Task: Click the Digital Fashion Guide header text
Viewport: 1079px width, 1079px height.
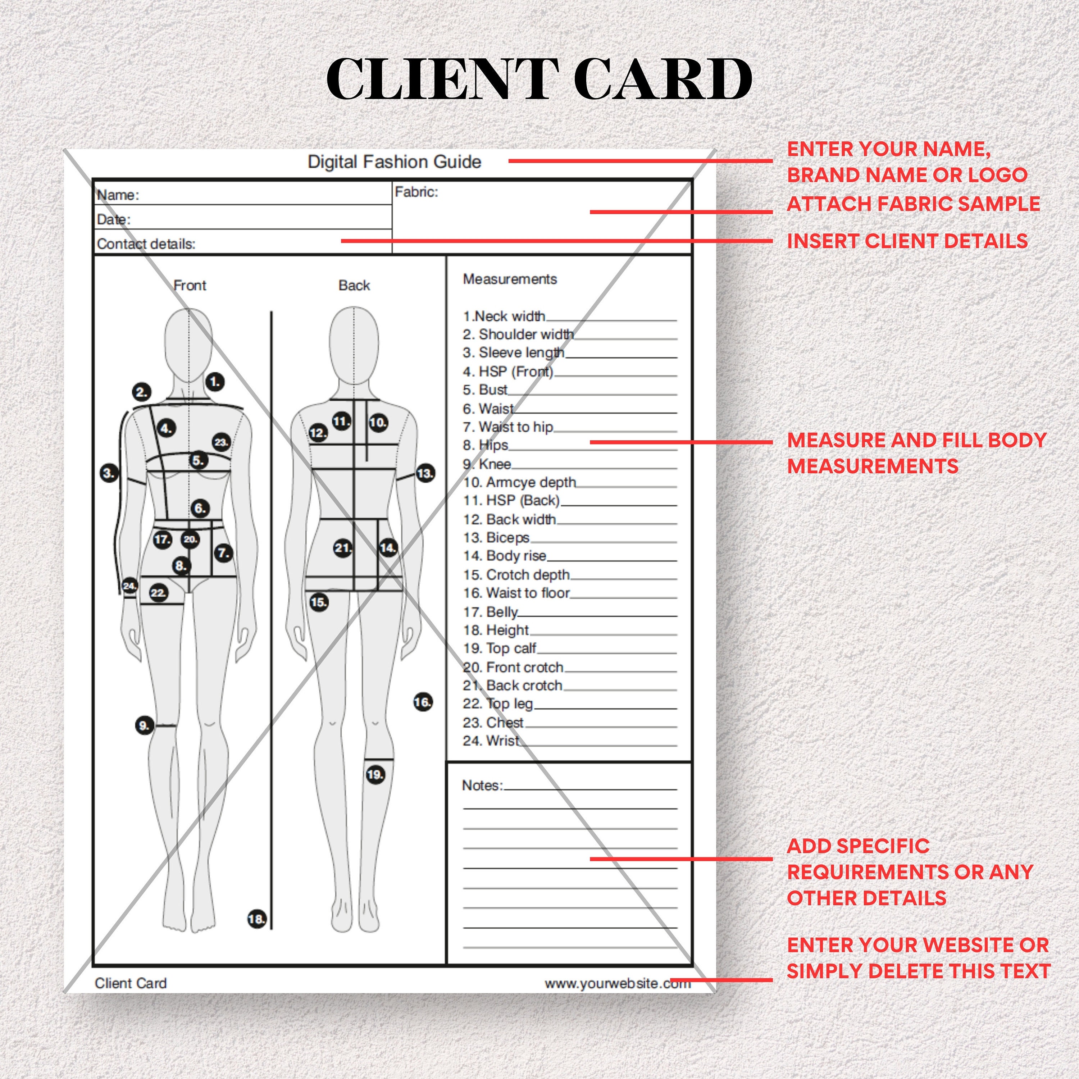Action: coord(394,162)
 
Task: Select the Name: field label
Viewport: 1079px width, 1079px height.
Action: coord(118,195)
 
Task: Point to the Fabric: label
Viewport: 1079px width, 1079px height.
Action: coord(416,192)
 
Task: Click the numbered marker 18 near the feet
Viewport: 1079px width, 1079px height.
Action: coord(256,919)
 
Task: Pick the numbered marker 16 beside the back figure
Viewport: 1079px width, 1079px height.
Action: coord(423,702)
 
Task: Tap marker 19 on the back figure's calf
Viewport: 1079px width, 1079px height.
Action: coord(375,775)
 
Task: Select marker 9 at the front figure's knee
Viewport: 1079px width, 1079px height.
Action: coord(144,725)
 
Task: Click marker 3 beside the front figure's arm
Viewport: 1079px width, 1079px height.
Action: coord(109,473)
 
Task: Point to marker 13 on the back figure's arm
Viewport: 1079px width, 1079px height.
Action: coord(425,474)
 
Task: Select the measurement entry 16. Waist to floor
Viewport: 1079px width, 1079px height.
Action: coord(516,593)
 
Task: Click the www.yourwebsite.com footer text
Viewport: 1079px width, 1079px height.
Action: coord(617,983)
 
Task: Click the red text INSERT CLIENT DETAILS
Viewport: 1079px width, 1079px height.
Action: coord(907,241)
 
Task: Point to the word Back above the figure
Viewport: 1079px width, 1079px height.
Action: coord(354,285)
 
